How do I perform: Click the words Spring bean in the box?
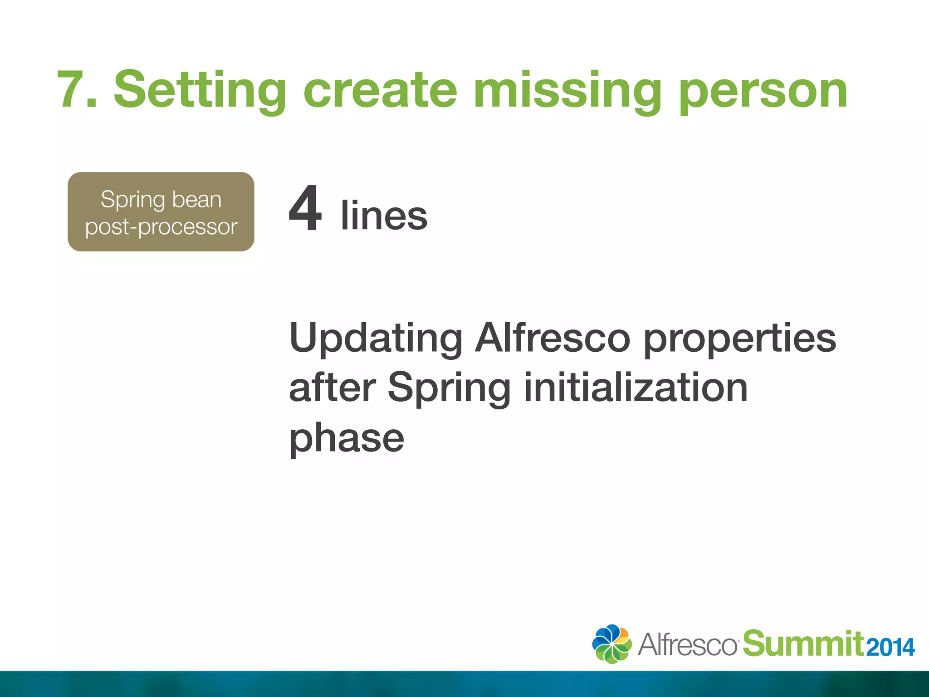tap(161, 200)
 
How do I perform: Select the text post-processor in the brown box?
tap(161, 226)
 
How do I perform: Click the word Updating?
tap(376, 338)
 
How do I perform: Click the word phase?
tap(347, 438)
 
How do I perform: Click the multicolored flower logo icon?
tap(611, 644)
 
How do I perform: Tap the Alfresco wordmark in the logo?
tap(688, 644)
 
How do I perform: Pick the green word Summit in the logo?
tap(803, 643)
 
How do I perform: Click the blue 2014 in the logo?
tap(890, 648)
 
